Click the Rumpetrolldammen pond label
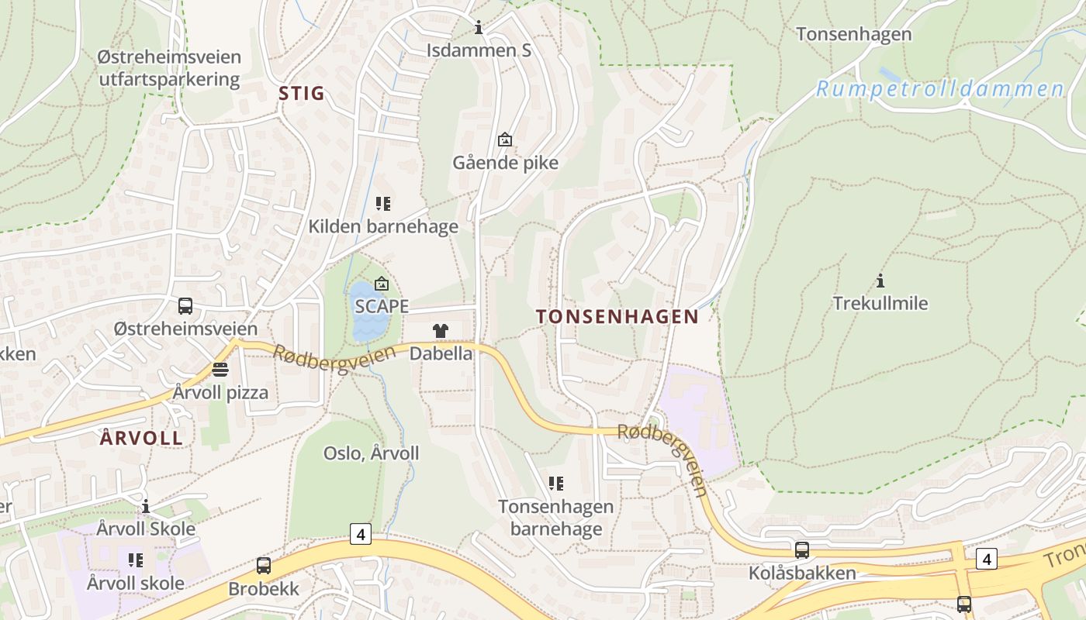coord(940,89)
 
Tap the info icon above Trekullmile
coord(880,281)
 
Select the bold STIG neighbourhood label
coord(301,94)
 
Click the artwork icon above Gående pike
coord(505,139)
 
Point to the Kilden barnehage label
coord(383,227)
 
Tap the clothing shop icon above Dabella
coord(441,331)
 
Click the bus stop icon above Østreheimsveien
coord(185,306)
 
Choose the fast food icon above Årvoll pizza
coord(220,369)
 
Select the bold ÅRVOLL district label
coord(142,438)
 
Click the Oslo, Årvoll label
coord(371,453)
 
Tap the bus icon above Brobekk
coord(264,566)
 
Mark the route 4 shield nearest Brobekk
coord(360,533)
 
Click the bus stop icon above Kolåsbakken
coord(802,550)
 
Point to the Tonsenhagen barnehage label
coord(555,518)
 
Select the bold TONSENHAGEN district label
coord(617,316)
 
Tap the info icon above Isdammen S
coord(479,29)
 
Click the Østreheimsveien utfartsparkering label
coord(169,68)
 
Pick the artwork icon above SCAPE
coord(381,284)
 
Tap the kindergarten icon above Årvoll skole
coord(136,560)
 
